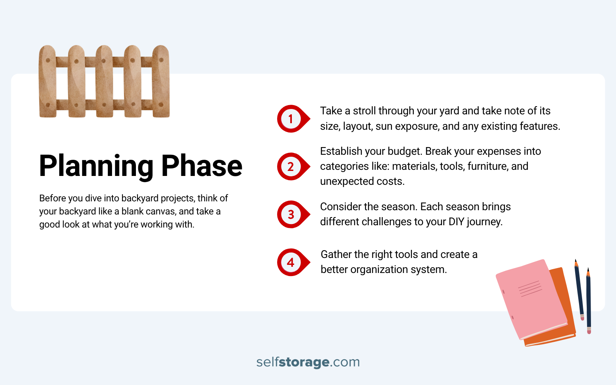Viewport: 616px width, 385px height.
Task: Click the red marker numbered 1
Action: point(291,119)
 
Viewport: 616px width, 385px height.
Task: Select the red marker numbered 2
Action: point(291,167)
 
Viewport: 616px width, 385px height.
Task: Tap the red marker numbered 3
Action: point(291,214)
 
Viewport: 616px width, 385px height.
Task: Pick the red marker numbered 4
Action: point(291,262)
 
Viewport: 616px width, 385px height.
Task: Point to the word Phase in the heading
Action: point(202,166)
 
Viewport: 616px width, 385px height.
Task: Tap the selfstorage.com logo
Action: point(308,362)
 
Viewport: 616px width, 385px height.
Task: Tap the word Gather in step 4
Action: point(336,254)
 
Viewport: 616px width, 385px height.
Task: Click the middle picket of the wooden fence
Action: point(104,82)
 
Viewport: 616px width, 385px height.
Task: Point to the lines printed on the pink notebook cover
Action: point(530,288)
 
